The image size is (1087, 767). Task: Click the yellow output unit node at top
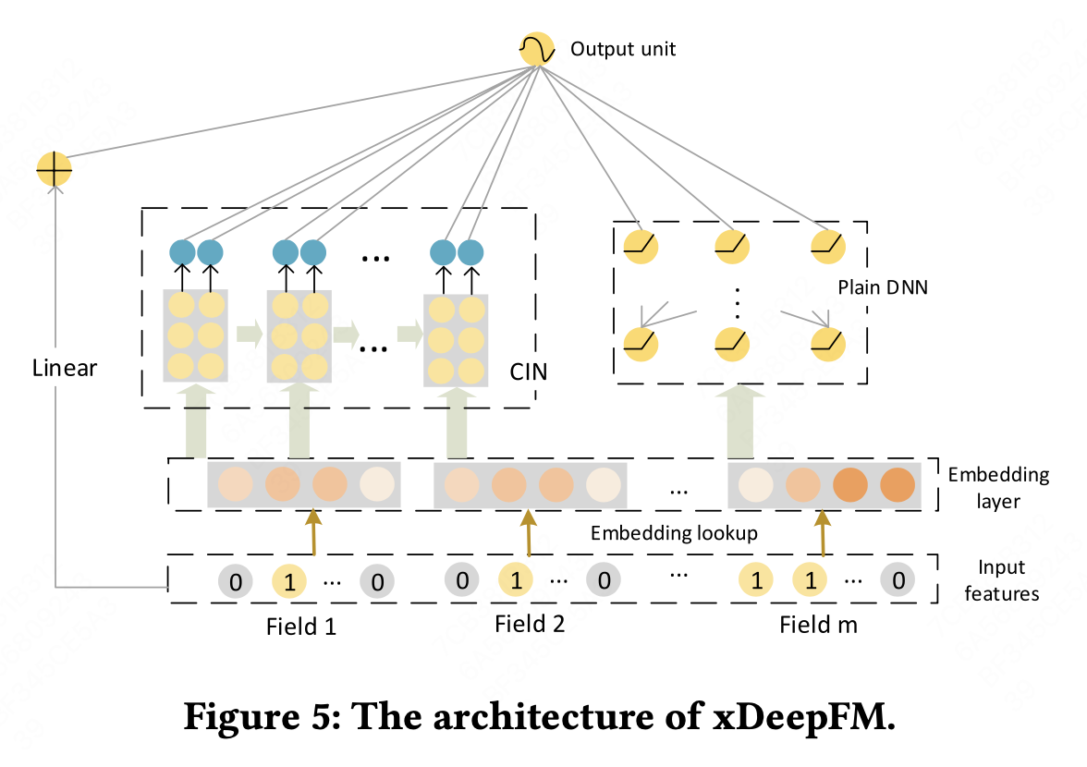coord(537,49)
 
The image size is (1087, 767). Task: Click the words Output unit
coord(623,49)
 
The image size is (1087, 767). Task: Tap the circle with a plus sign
coord(54,169)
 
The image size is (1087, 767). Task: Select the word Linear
coord(64,368)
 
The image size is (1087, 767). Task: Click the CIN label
coord(529,372)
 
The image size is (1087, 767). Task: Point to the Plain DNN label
coord(883,287)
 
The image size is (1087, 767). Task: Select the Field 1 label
coord(301,626)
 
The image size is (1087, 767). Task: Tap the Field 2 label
coord(530,623)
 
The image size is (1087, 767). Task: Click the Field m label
coord(818,625)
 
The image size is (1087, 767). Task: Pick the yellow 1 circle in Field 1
coord(288,582)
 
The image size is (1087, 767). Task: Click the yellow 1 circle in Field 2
coord(516,581)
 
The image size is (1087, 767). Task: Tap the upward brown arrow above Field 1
coord(313,531)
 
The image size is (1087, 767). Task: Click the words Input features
coord(1001,579)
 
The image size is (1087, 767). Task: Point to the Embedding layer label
coord(998,488)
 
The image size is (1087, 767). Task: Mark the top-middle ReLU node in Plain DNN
coord(732,245)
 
